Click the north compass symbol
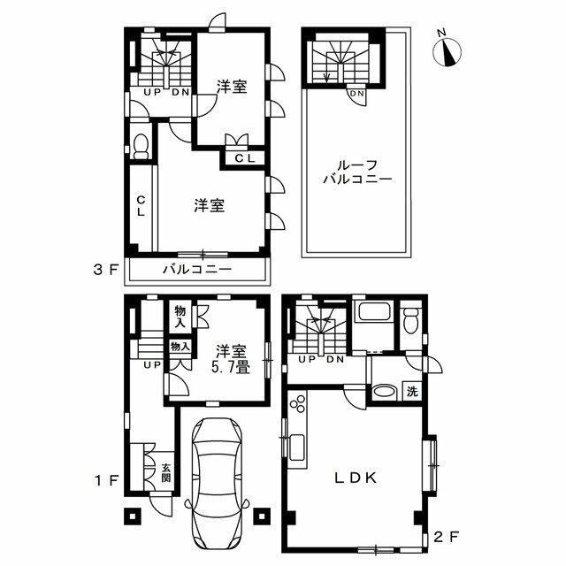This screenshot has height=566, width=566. tap(447, 51)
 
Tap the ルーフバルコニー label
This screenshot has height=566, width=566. tap(357, 172)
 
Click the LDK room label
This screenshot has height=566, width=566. tap(356, 478)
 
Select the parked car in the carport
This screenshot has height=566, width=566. tap(217, 489)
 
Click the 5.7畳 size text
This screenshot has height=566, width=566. tap(230, 368)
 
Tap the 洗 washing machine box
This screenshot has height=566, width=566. tap(412, 391)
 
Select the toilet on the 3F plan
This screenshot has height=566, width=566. tap(141, 147)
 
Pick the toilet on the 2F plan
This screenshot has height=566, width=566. tap(411, 320)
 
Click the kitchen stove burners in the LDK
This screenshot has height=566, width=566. tap(299, 403)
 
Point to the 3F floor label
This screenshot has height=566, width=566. tap(106, 271)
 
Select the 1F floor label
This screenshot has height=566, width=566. tap(106, 480)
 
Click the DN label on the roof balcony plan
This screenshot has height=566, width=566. tap(357, 93)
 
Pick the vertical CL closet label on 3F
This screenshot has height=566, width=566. tap(141, 205)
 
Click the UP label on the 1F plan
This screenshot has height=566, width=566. tap(152, 365)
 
